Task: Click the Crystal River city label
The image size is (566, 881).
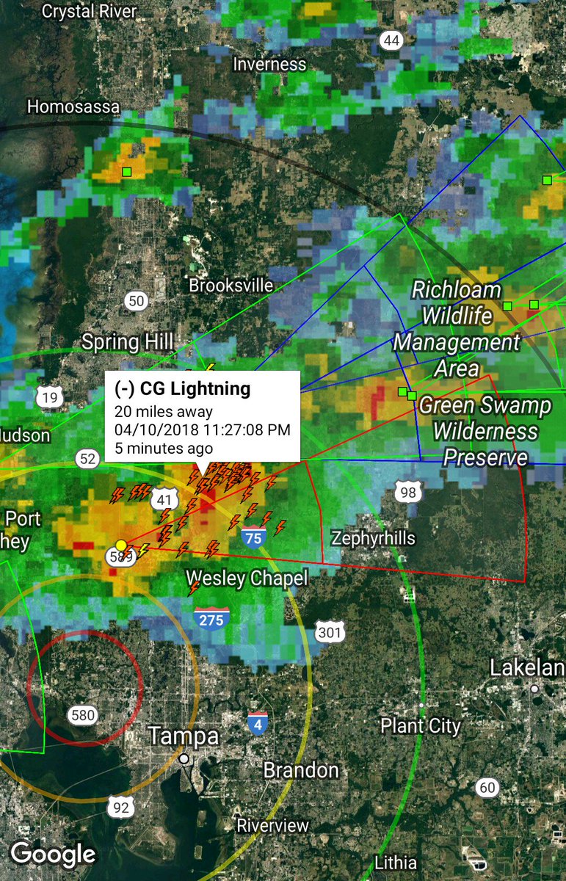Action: coord(89,11)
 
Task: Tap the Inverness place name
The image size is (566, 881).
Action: coord(269,64)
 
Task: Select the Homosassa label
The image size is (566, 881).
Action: coord(73,106)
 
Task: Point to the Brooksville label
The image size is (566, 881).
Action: coord(231,285)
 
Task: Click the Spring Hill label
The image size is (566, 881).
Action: coord(128,341)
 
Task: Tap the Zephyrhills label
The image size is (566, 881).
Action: coord(373,538)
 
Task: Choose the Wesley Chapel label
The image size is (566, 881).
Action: coord(247,579)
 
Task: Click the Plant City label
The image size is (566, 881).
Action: coord(420,726)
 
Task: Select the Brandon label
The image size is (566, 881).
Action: coord(301,770)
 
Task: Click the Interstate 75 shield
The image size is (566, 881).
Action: coord(253,539)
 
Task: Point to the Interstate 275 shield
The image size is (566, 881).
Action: coord(211,619)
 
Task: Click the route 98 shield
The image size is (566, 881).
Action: coord(408,493)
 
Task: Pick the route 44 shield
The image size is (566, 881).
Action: coord(391,40)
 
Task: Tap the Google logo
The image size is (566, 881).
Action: coord(53,854)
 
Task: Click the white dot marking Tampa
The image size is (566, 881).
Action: coord(184,758)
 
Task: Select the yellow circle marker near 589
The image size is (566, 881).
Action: coord(121,545)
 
